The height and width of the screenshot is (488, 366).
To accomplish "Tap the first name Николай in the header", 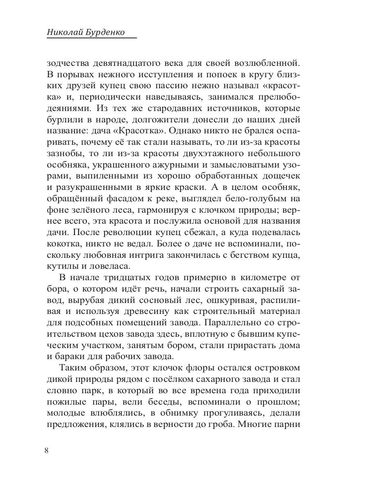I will click(x=65, y=32).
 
